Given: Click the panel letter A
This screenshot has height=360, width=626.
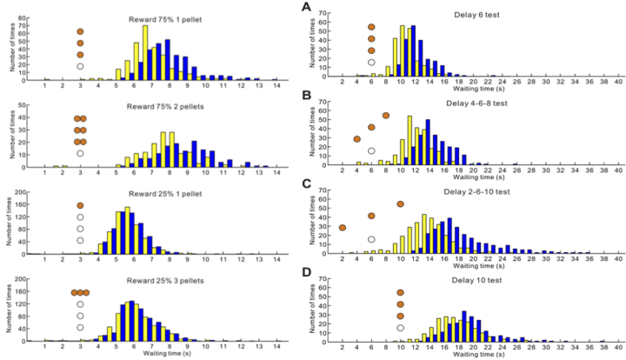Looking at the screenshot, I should point(306,7).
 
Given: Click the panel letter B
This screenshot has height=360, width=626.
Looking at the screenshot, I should point(306,96).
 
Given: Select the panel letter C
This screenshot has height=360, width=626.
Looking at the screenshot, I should point(306,183).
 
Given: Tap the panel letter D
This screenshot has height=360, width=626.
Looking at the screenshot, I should point(306,273).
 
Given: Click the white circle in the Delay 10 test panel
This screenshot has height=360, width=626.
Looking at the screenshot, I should point(400,328).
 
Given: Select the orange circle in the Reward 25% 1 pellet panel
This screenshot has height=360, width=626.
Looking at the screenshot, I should point(80,206).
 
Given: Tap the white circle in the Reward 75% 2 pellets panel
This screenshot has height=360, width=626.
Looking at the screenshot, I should point(80,153).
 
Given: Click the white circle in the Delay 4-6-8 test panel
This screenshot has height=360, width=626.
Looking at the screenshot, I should point(371,151).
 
